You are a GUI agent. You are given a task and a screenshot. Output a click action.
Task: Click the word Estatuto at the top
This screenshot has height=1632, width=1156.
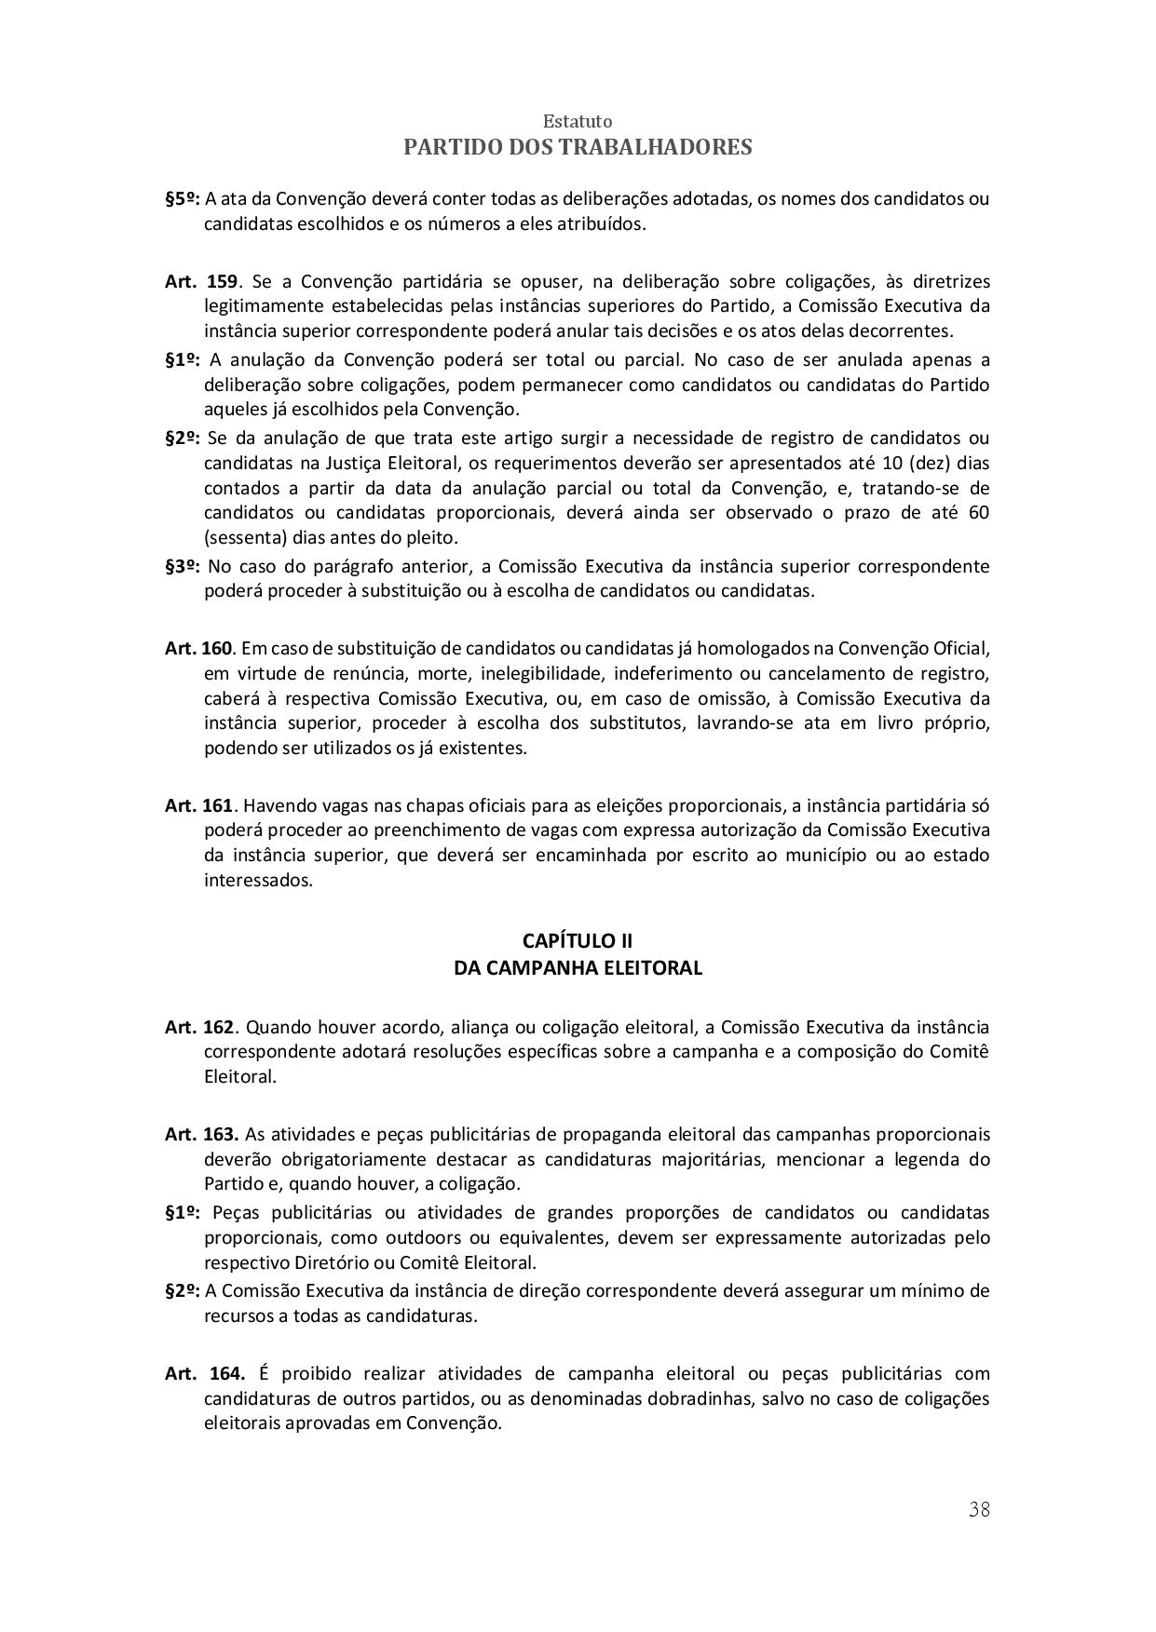pyautogui.click(x=578, y=122)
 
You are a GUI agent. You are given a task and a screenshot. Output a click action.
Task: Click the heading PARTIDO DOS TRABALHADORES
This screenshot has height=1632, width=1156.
pyautogui.click(x=578, y=147)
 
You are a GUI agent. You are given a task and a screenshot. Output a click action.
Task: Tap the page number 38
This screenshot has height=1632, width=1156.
pyautogui.click(x=979, y=1510)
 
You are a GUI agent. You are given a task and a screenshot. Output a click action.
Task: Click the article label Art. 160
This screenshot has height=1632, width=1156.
pyautogui.click(x=198, y=648)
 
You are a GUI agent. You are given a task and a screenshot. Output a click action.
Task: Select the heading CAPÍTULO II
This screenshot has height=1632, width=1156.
pyautogui.click(x=578, y=940)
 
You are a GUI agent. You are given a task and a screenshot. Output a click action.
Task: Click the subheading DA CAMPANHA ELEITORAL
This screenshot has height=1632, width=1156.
pyautogui.click(x=578, y=968)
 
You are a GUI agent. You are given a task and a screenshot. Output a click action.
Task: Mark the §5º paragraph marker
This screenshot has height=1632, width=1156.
pyautogui.click(x=183, y=198)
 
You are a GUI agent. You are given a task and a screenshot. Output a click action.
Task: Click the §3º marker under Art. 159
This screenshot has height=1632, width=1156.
pyautogui.click(x=183, y=566)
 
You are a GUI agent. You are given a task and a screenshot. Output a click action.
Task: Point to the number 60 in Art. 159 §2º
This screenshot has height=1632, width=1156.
pyautogui.click(x=978, y=513)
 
